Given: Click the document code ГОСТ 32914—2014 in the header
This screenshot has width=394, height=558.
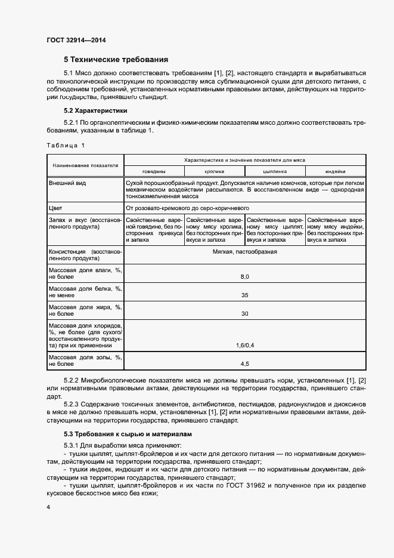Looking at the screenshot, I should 76,41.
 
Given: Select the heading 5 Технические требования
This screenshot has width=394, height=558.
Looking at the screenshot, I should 116,59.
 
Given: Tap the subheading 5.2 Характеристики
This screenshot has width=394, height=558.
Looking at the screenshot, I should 95,111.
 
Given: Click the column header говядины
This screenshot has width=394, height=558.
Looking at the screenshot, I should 154,171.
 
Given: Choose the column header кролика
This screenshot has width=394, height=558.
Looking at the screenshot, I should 214,171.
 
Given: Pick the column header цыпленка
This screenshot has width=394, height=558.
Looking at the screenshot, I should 275,171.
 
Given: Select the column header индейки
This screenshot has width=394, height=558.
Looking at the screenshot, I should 335,171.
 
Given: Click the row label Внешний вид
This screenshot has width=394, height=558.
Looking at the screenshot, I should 67,183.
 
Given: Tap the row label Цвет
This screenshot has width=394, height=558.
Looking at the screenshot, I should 55,208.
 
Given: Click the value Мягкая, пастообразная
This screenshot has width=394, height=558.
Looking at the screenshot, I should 244,252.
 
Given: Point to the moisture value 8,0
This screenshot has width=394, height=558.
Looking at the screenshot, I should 244,277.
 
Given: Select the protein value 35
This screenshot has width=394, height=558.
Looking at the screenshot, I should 244,295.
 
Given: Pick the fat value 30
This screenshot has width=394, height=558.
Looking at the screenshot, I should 244,313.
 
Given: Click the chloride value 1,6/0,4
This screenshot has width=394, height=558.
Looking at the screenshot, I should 244,345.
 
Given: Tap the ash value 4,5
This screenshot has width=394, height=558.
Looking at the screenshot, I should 244,363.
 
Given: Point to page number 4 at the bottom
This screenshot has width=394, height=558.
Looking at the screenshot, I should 48,507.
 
